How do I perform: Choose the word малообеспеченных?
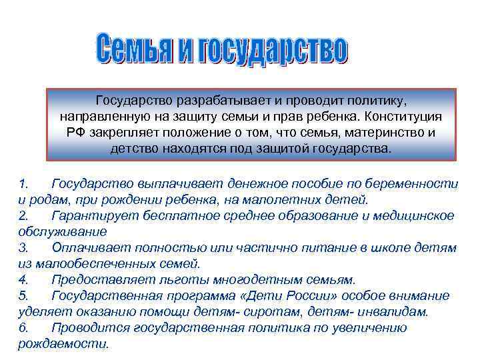97,263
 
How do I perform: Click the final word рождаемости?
62,343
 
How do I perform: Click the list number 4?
23,279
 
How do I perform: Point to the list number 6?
23,327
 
